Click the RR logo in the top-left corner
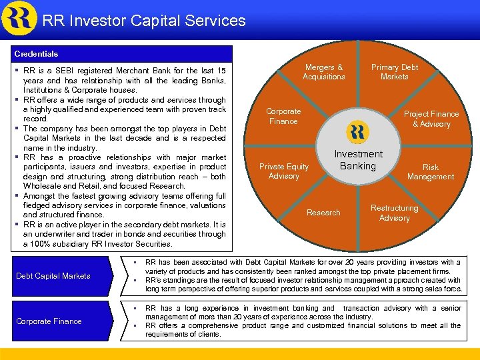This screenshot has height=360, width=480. (x=19, y=18)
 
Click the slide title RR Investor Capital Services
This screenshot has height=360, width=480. (x=144, y=21)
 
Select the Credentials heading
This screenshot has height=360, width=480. (x=36, y=54)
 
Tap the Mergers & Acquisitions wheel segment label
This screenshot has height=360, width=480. (x=323, y=72)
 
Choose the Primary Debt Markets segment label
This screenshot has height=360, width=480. (x=394, y=72)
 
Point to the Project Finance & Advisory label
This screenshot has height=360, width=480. (x=431, y=119)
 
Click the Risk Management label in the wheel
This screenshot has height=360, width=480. (x=431, y=172)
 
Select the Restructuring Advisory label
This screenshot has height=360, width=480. (x=394, y=213)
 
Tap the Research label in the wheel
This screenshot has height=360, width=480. (x=323, y=213)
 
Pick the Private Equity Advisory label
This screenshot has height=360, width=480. (x=284, y=171)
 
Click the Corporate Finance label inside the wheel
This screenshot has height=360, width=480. (x=283, y=116)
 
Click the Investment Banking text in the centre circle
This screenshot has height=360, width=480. (x=358, y=160)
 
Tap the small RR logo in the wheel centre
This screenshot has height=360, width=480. (x=358, y=131)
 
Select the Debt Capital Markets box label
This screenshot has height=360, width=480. (x=53, y=276)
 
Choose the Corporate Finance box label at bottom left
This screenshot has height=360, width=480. (x=49, y=321)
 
